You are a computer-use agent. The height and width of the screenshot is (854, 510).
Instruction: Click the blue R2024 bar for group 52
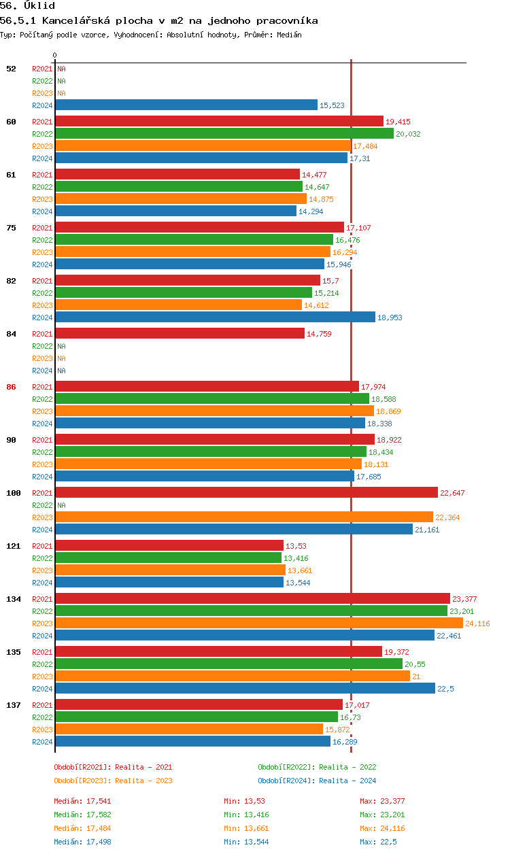pos(186,105)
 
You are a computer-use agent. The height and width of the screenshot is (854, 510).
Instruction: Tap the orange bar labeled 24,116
pos(258,624)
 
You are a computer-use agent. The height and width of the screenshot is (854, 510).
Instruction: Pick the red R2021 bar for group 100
pos(246,493)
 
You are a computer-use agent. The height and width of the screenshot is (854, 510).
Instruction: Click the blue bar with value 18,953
pos(215,318)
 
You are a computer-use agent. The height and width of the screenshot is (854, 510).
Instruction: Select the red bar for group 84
pos(180,334)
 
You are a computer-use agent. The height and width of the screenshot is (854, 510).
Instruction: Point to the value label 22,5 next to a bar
pos(445,689)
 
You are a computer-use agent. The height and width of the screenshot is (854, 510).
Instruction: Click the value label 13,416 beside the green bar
pos(296,558)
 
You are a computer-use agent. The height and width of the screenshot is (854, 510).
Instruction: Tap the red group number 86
pos(11,387)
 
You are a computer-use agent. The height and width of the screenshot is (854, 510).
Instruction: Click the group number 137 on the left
pos(13,705)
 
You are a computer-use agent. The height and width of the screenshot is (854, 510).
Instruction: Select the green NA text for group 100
pos(61,505)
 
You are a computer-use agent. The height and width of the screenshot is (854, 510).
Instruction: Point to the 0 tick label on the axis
pos(55,56)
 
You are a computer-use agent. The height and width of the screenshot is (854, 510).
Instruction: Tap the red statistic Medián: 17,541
pos(82,801)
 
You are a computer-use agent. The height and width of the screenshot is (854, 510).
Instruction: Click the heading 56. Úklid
pos(27,5)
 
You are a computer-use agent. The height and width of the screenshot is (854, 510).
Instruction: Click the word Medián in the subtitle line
pos(288,35)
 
